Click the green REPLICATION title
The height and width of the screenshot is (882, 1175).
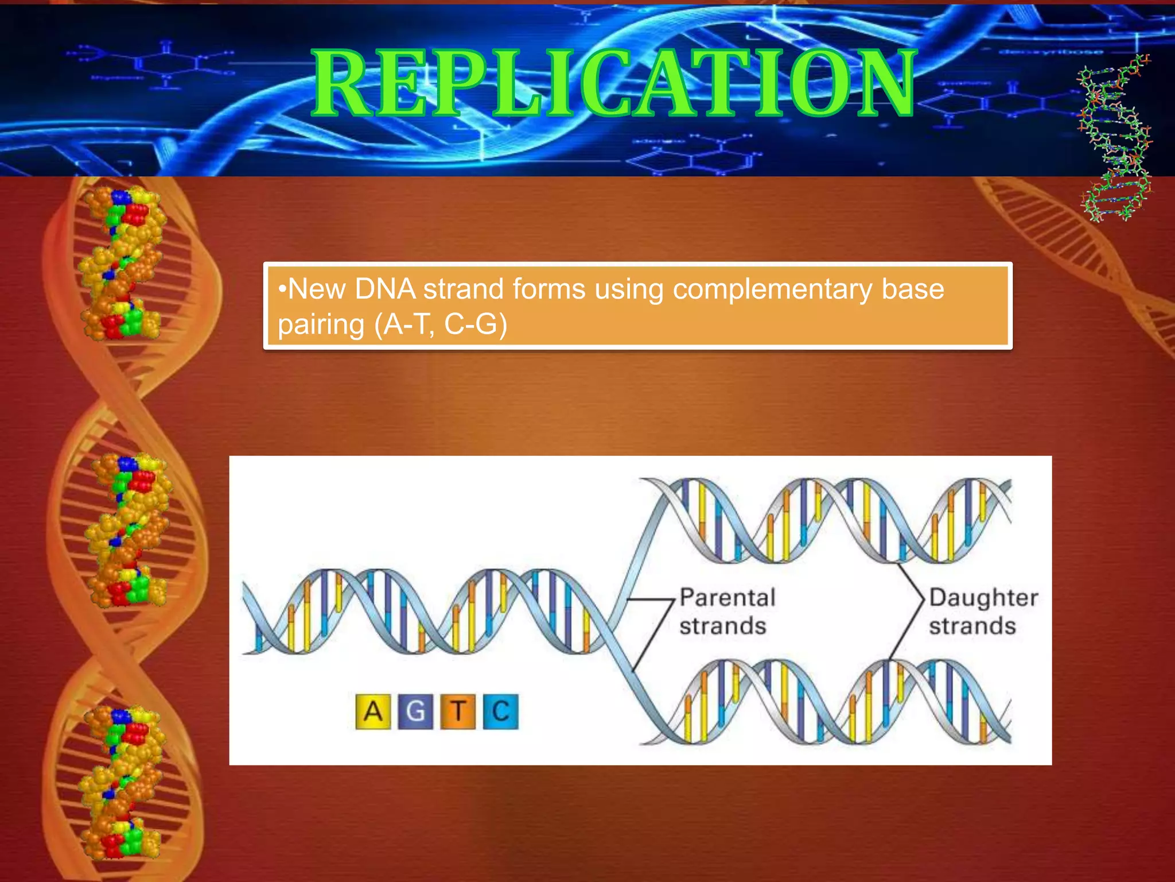click(614, 83)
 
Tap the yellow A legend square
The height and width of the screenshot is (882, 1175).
click(373, 712)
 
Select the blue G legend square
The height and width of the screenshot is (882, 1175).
click(415, 712)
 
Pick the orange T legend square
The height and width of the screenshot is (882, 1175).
click(458, 712)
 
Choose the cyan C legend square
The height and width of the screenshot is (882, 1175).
click(500, 712)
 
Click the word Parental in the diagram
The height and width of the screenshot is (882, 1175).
click(727, 598)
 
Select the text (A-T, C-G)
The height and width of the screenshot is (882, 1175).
click(441, 325)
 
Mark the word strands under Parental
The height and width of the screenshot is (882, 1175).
click(723, 626)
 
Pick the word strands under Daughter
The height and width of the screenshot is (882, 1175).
click(972, 626)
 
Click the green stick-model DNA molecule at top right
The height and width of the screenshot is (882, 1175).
click(1116, 138)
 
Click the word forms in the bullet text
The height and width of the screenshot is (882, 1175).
click(548, 289)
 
